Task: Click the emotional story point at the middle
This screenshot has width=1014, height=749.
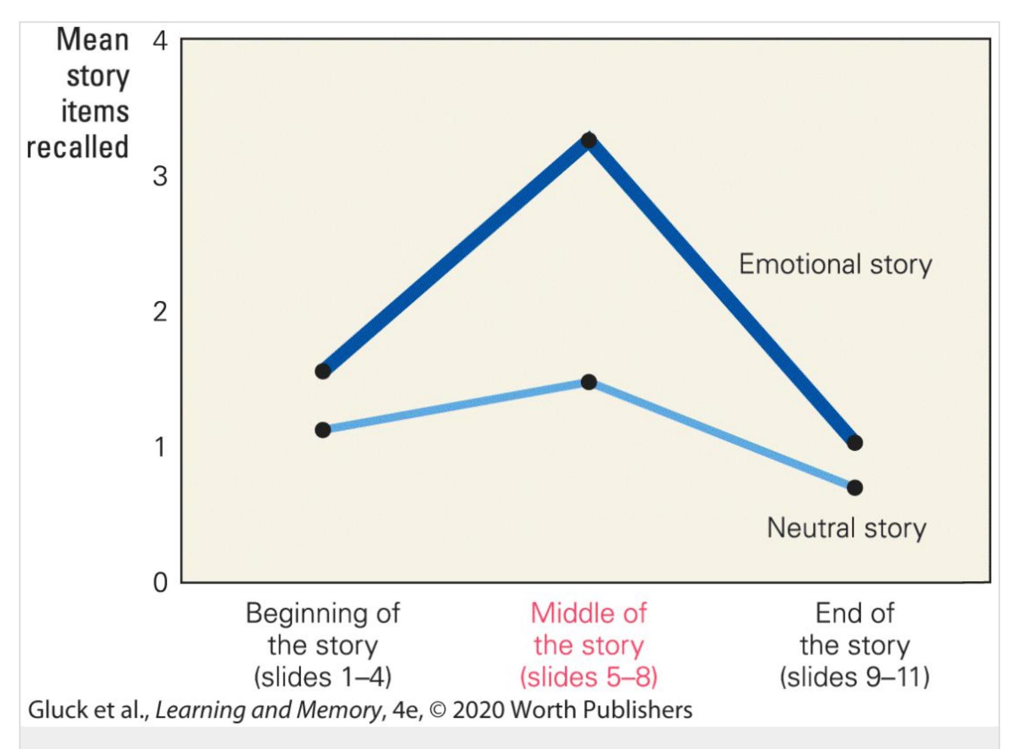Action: [589, 140]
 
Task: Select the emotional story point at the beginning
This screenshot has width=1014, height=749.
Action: [323, 371]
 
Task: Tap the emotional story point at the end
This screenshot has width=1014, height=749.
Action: [855, 442]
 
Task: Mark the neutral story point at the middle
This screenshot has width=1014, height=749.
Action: [589, 382]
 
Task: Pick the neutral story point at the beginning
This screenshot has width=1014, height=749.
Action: [323, 430]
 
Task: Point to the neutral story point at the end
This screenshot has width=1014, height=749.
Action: [855, 487]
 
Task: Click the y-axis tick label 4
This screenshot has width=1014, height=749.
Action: [160, 40]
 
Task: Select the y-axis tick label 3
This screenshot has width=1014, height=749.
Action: [160, 176]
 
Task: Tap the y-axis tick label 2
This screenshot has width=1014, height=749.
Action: [160, 312]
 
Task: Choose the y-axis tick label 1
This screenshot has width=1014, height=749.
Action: [160, 447]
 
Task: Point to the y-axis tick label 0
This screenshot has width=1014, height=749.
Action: [160, 583]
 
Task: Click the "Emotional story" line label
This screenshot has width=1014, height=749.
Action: [835, 264]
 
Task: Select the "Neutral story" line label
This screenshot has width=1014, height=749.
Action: [846, 528]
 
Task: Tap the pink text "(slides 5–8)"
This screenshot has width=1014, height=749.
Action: [589, 677]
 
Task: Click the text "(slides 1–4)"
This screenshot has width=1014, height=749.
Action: [323, 677]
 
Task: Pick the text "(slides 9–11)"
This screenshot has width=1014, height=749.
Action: [855, 677]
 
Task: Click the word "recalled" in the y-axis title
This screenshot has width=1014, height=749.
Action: [77, 147]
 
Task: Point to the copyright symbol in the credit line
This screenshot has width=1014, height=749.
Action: [438, 710]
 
